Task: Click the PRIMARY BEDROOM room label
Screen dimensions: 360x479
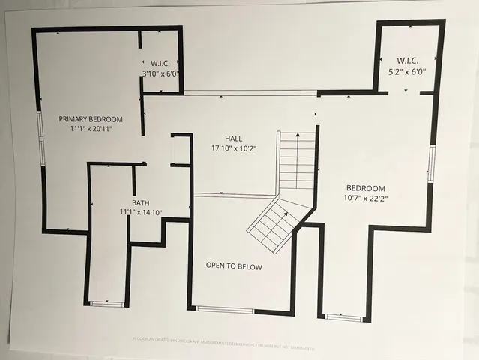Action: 91,118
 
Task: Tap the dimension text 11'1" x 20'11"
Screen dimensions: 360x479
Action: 91,129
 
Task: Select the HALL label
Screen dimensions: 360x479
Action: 233,139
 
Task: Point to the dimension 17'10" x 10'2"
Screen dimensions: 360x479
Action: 233,148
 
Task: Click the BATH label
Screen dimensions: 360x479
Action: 141,202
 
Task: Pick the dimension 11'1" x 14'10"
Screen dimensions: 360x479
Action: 141,212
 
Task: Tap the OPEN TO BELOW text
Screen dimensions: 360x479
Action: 234,265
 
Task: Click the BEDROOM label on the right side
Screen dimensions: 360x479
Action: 365,188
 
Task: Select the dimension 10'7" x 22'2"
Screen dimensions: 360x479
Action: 366,199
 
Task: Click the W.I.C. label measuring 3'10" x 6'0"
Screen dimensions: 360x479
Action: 160,63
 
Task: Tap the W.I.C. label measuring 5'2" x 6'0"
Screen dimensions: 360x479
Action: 407,60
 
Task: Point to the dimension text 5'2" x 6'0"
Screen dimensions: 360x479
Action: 407,71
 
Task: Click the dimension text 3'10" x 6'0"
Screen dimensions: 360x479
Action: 160,73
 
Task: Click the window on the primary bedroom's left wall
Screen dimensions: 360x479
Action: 41,138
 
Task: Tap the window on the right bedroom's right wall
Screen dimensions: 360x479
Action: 431,163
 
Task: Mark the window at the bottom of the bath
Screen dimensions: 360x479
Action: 107,303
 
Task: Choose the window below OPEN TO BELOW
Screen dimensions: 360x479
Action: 225,309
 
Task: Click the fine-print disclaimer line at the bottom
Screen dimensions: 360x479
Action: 239,348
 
